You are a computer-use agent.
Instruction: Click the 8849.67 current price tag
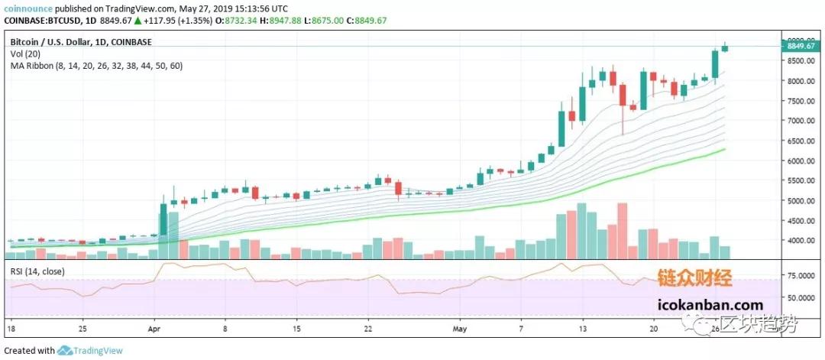(802, 47)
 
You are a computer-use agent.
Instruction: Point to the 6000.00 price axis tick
(801, 161)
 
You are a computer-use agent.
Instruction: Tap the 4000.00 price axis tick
(801, 241)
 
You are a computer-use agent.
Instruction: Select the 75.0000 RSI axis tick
(801, 274)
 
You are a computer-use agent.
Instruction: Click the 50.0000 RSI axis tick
(801, 297)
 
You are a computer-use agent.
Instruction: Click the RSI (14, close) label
(37, 271)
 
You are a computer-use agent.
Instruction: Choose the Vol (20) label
(26, 54)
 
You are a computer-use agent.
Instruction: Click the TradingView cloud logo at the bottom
(65, 351)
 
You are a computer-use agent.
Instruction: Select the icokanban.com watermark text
(708, 305)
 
